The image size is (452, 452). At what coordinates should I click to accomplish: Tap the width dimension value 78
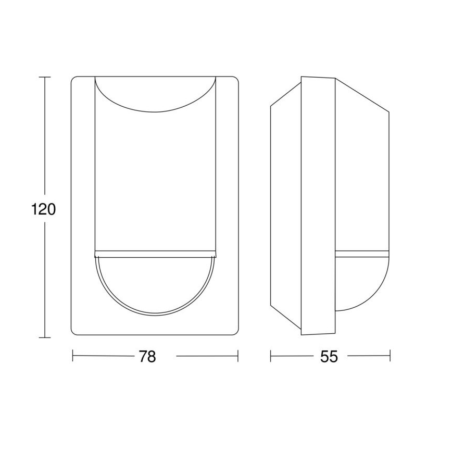147,357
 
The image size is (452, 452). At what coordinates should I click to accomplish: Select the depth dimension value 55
329,357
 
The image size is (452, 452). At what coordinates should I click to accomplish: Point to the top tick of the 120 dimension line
44,77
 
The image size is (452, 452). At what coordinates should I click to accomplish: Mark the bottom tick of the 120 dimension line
44,337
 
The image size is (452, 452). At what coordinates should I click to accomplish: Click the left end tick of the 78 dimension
72,357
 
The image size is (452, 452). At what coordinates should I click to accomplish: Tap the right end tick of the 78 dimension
238,357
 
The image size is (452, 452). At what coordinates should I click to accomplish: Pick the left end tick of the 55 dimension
271,357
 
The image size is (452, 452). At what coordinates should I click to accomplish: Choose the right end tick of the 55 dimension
390,357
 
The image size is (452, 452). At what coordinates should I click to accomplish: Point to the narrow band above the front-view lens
155,255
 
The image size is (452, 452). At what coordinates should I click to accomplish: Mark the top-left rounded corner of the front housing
74,80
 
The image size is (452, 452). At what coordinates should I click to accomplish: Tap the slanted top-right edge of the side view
362,94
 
